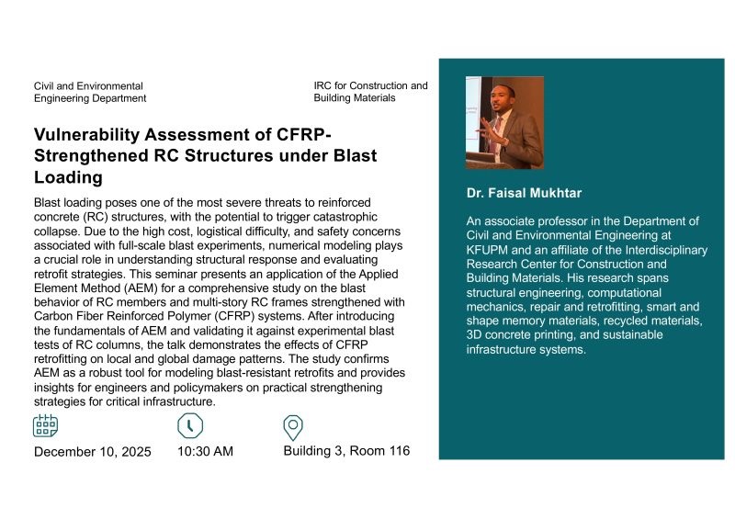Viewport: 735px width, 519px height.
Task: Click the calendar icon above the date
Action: [46, 426]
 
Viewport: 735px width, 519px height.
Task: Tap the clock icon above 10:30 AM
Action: [189, 426]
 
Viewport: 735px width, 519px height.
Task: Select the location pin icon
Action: [293, 427]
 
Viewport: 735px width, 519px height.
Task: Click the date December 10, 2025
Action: [93, 452]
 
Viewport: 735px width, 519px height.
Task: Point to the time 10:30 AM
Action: [205, 452]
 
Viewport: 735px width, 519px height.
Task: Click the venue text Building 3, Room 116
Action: [346, 451]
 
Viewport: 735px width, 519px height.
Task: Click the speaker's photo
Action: [504, 122]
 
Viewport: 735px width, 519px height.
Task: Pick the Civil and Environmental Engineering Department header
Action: [89, 92]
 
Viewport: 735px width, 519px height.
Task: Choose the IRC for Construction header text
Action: [370, 91]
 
